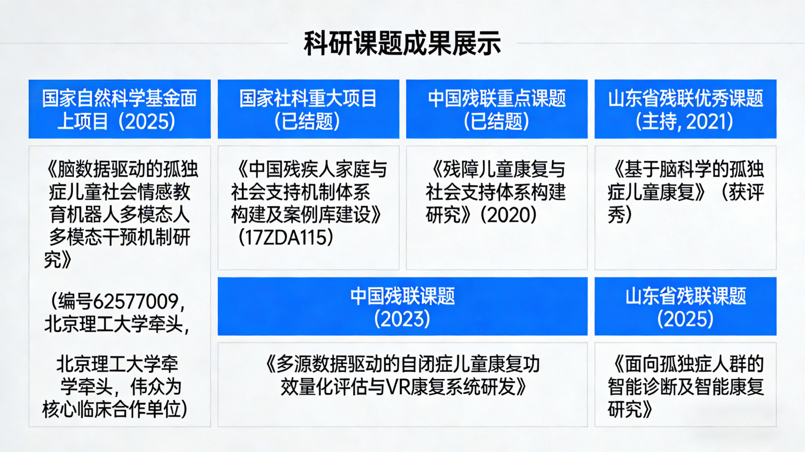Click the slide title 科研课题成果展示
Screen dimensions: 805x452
402,43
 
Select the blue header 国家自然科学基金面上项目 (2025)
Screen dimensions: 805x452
120,109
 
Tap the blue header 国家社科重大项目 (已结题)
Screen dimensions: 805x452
308,109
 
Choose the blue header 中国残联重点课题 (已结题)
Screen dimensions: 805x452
497,109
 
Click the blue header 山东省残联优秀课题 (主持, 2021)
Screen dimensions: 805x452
685,109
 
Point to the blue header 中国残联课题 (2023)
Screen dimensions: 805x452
403,306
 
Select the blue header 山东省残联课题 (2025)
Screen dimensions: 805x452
685,306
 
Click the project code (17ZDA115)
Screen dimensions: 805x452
286,238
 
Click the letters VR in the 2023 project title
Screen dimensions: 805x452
398,387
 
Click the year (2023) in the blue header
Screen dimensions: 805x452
402,318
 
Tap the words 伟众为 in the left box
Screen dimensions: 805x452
156,387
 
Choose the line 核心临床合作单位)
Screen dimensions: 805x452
115,410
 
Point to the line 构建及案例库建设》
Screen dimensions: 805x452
306,215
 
